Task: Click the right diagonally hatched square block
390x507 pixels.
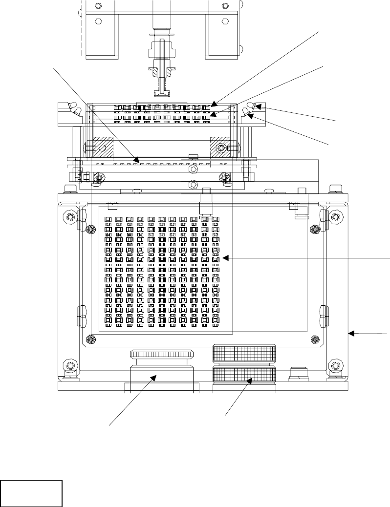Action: coord(221,147)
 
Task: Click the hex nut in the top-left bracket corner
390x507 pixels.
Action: coord(98,5)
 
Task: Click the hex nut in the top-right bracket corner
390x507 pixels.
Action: coord(225,5)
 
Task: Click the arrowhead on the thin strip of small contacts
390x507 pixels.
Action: coord(139,159)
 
